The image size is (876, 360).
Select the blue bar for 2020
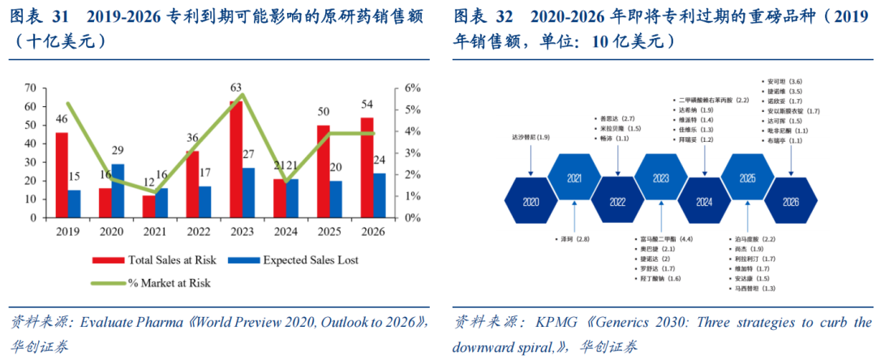click(x=118, y=191)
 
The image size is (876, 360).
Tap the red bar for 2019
click(x=62, y=175)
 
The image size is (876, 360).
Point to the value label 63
click(x=236, y=88)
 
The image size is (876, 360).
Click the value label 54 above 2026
click(x=367, y=104)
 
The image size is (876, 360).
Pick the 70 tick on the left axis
click(x=30, y=88)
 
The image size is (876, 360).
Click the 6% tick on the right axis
click(x=411, y=88)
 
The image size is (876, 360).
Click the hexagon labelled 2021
click(x=574, y=178)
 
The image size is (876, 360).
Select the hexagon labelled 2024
click(x=703, y=200)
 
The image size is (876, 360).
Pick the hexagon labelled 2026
click(x=790, y=200)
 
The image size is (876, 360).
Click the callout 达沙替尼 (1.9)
click(x=531, y=138)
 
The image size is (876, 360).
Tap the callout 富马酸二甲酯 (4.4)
click(x=664, y=239)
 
